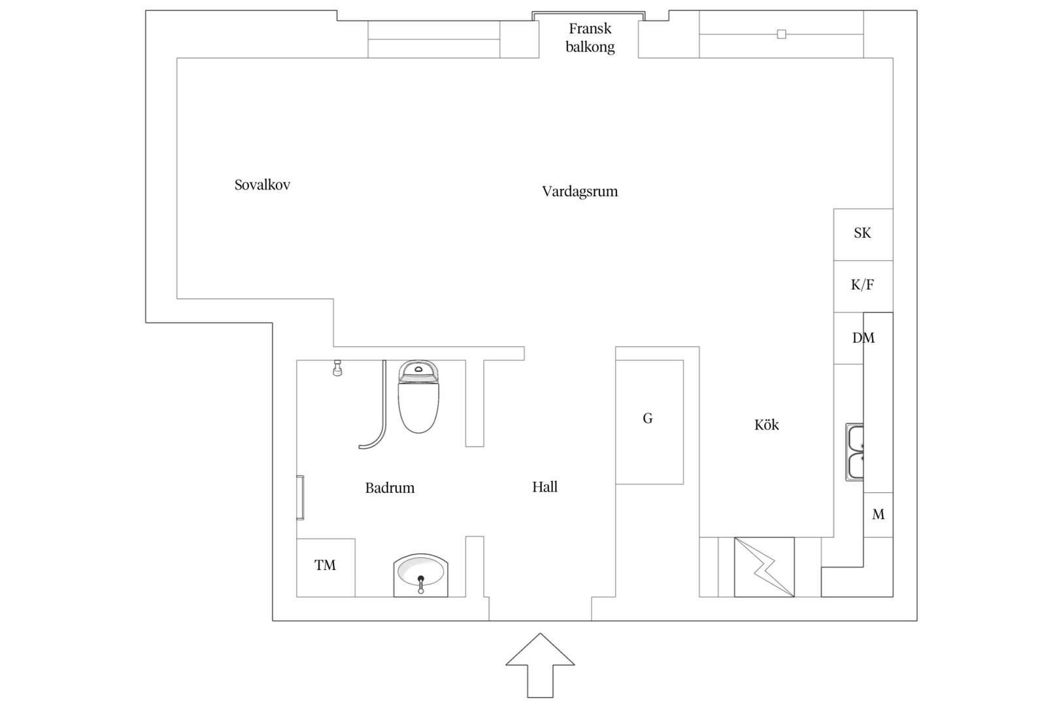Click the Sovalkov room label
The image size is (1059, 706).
[262, 184]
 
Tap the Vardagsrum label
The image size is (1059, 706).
[580, 192]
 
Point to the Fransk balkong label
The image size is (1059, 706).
[590, 37]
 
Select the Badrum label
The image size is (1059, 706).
[390, 488]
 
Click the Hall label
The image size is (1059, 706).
[545, 486]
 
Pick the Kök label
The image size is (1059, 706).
[767, 425]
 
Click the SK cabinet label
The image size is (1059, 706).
[862, 233]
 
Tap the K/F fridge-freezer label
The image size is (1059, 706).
[862, 284]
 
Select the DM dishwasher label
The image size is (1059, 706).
[864, 337]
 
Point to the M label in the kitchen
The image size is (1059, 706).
[879, 514]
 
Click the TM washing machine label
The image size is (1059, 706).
[326, 565]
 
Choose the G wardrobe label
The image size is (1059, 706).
[648, 418]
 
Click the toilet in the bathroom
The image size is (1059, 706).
[418, 396]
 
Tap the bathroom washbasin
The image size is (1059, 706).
[421, 575]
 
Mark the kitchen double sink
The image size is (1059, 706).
[855, 452]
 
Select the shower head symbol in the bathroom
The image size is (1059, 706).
[337, 368]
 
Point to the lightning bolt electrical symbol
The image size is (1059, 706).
[764, 567]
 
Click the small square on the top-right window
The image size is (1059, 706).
[781, 34]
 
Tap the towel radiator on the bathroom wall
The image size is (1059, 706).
[300, 497]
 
